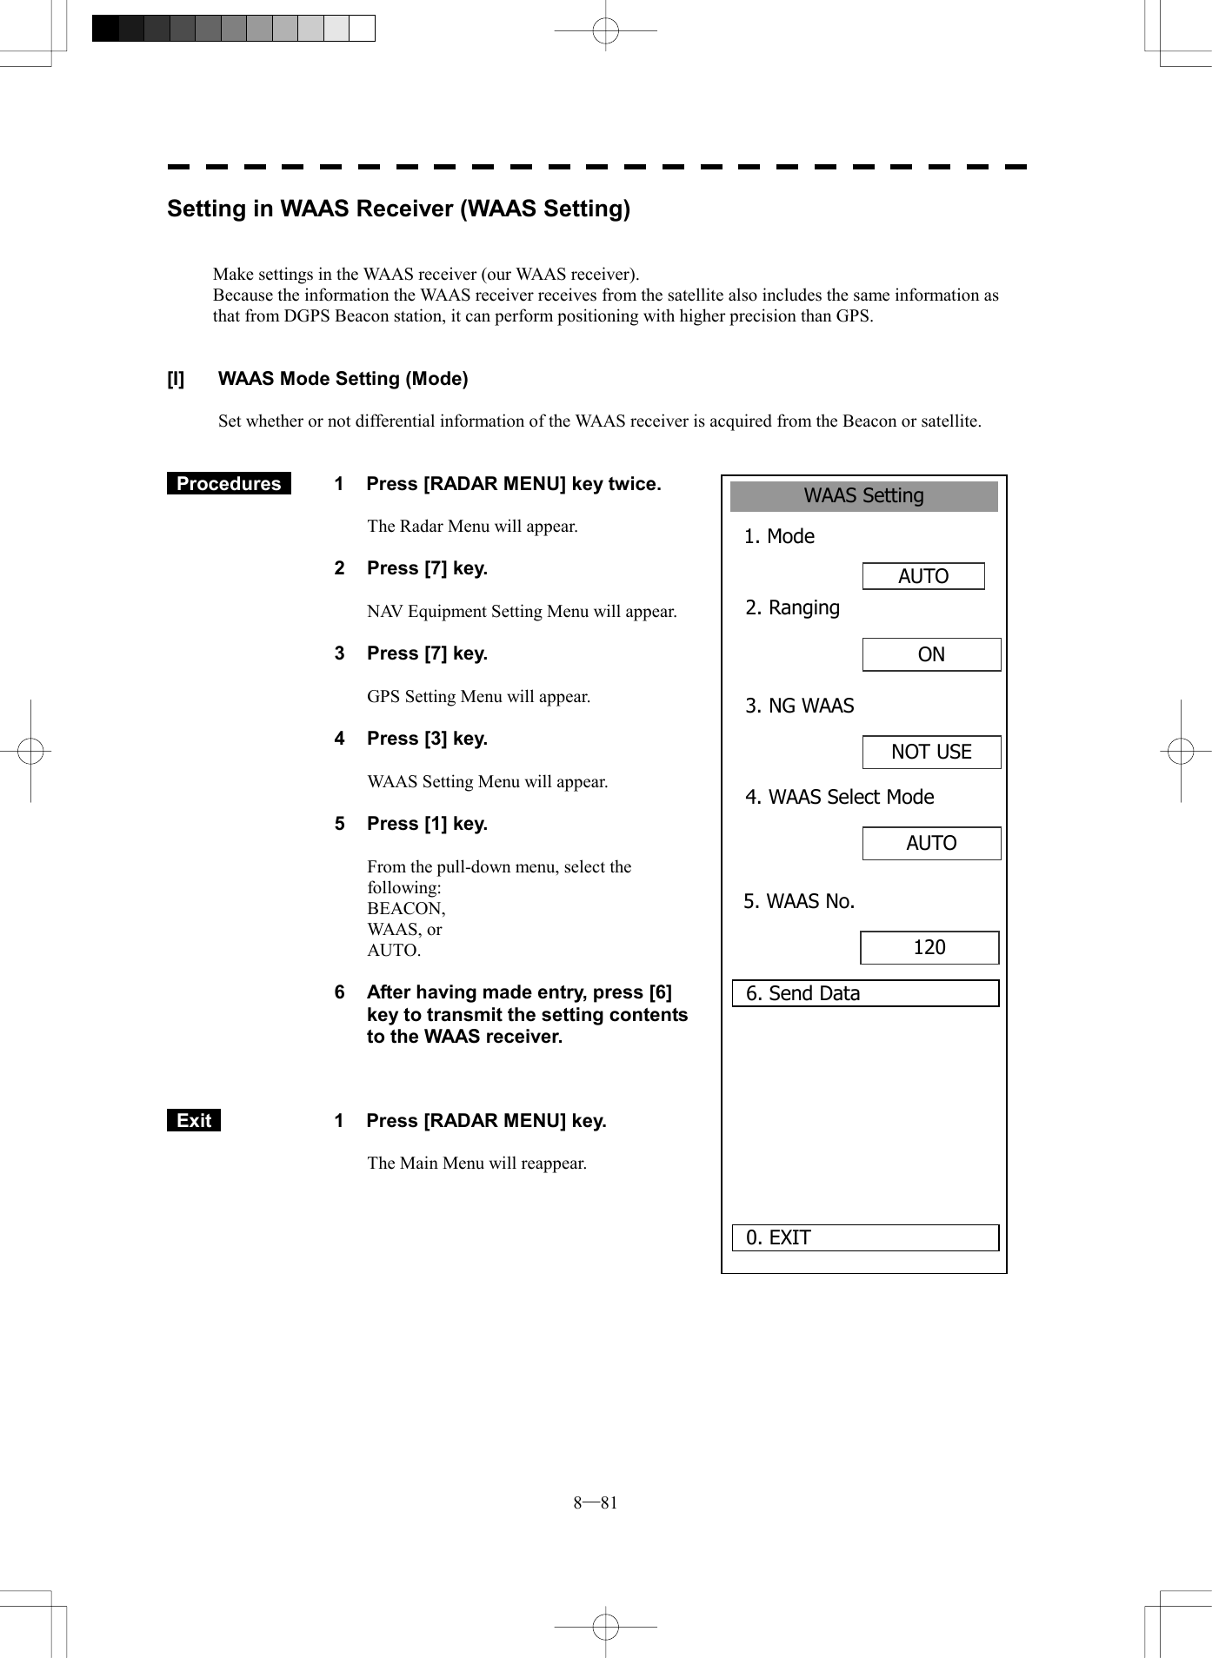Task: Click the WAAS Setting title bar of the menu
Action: pos(863,496)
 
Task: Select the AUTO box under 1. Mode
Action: pos(922,576)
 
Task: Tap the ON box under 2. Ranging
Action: pos(931,654)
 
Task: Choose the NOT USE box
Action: pos(931,752)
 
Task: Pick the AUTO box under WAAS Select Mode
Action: pos(931,843)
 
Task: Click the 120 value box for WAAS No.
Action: pos(929,947)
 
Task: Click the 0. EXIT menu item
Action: pos(865,1237)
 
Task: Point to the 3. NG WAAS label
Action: pos(800,706)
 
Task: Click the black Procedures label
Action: pos(229,484)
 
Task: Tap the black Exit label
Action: pos(194,1121)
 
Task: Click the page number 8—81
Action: pos(596,1502)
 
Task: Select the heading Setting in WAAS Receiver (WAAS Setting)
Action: pos(398,209)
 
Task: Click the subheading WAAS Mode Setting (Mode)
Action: pos(343,379)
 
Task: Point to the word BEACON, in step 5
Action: pos(406,908)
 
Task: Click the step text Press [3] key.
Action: pos(427,739)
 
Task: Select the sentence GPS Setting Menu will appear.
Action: pos(478,696)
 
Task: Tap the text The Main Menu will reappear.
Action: pos(476,1163)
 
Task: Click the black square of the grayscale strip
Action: pos(105,29)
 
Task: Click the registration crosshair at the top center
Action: pos(605,31)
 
